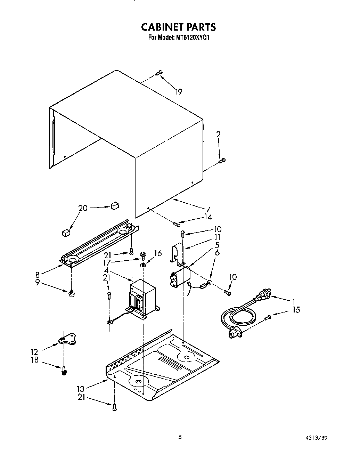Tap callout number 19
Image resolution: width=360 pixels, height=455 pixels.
(178, 92)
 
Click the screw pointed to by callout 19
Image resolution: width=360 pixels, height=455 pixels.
(159, 73)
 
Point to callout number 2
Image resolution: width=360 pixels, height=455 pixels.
(218, 135)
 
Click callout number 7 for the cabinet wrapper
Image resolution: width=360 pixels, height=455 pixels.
(208, 209)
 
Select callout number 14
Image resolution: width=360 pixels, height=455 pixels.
(208, 217)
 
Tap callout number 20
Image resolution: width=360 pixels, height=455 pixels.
(83, 208)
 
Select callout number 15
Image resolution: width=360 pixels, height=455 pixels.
(296, 309)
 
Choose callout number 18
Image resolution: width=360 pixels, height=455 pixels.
(34, 360)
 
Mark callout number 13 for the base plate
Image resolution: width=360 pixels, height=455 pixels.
(81, 388)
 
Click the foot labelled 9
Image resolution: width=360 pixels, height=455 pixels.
(71, 295)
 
